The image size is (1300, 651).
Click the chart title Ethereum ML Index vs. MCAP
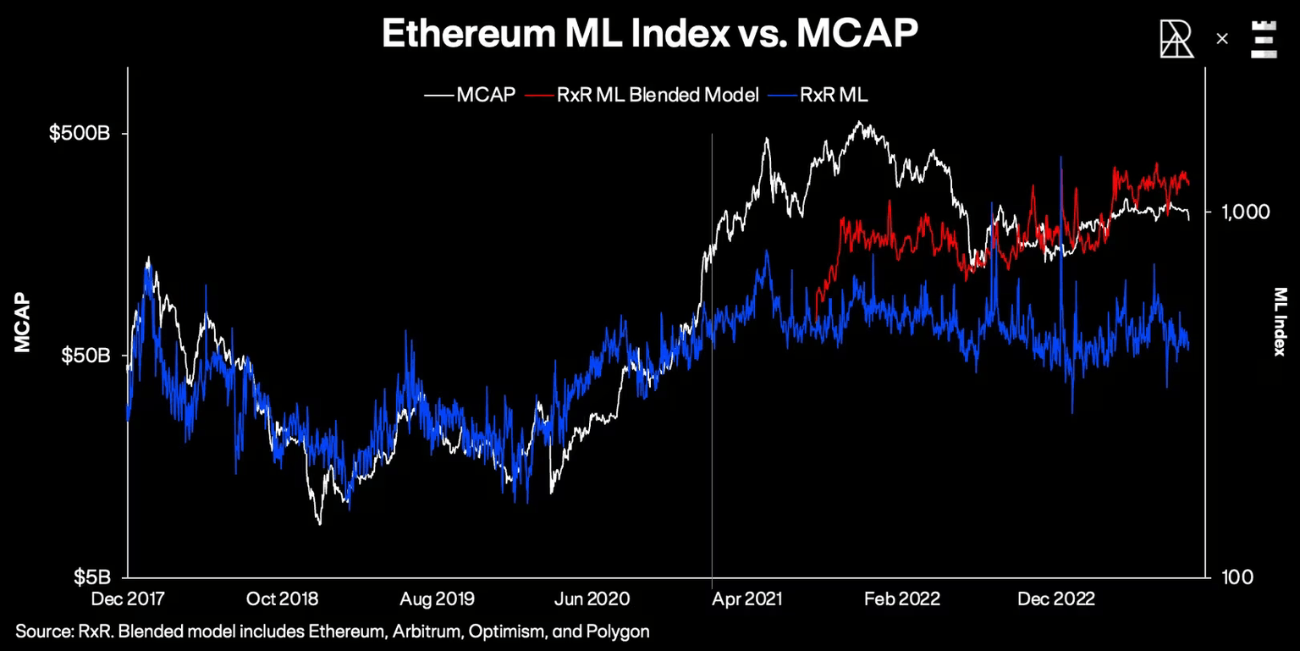click(649, 35)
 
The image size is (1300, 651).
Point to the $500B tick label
click(80, 134)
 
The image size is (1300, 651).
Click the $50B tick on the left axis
click(85, 356)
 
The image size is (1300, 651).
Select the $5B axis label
click(91, 577)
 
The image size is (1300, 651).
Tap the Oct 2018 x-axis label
click(283, 599)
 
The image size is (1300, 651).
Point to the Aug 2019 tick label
click(438, 599)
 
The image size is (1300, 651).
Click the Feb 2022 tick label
click(902, 599)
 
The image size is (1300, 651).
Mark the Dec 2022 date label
click(1056, 599)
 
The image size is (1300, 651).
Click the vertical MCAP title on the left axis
click(22, 323)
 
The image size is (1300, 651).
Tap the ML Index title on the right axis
click(1280, 322)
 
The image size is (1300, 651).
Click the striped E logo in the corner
click(1264, 39)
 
